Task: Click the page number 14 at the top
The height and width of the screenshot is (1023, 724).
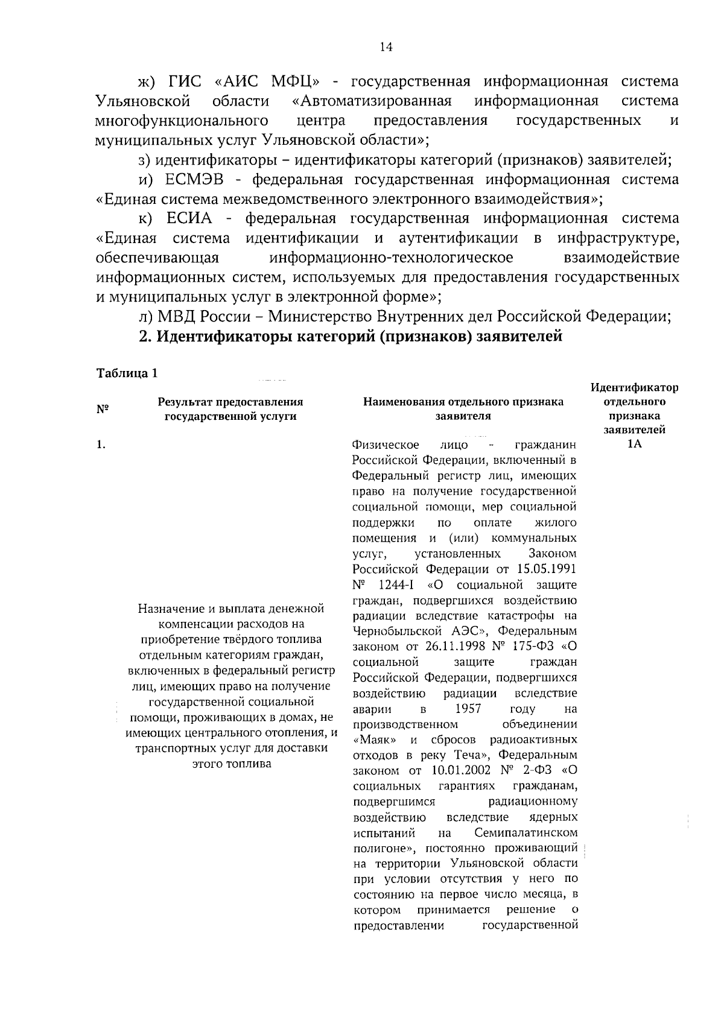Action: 387,48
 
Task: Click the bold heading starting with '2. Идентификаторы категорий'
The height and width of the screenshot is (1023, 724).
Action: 351,337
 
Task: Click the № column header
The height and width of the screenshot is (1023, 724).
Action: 102,409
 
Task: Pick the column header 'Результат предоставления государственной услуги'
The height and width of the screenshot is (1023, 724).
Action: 230,409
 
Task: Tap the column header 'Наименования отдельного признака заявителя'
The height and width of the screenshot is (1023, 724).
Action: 463,409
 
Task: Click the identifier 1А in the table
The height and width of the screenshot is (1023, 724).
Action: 634,445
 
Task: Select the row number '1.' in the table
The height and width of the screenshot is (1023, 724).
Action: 101,445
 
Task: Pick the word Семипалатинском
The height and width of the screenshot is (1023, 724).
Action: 526,833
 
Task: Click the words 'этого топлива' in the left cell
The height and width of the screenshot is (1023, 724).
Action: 231,764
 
